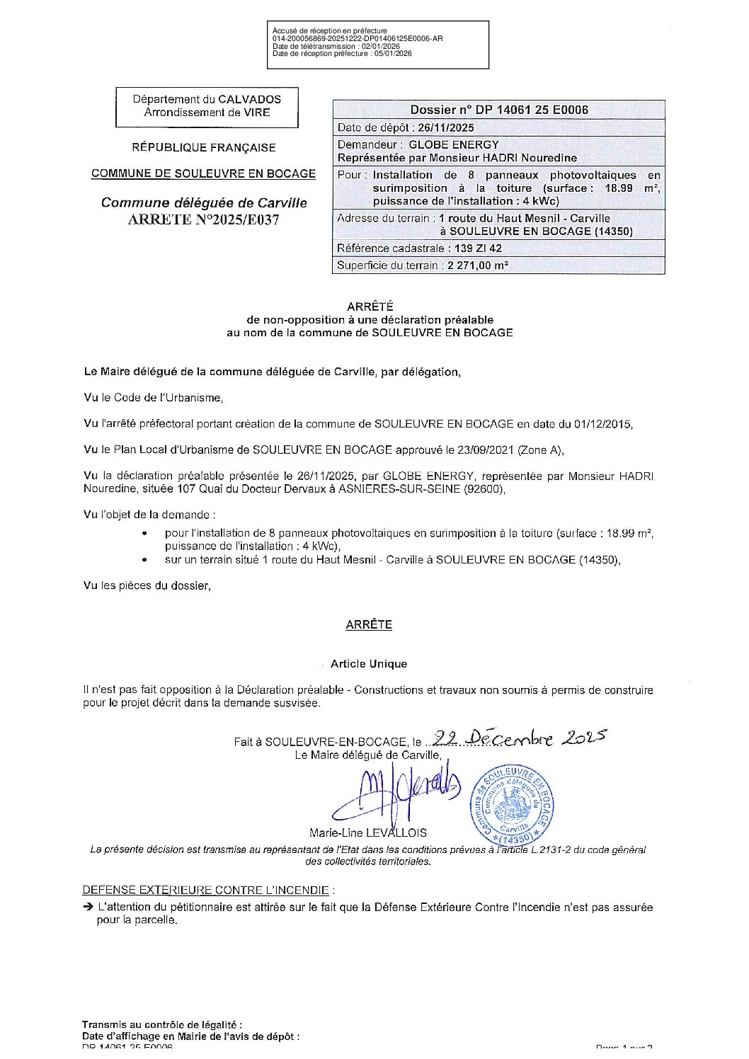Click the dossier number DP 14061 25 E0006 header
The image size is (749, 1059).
pos(499,110)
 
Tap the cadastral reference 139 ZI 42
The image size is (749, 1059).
pos(474,248)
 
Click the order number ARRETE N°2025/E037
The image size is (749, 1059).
pos(204,219)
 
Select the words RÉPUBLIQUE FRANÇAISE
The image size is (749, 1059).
pos(204,148)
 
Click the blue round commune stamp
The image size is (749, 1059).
pos(512,805)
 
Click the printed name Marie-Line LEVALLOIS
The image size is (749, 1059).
pos(368,833)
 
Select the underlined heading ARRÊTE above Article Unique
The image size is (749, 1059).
pos(369,625)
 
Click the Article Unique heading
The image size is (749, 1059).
pos(369,664)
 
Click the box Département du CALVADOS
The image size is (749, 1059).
pos(207,107)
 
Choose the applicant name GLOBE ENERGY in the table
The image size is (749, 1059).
pos(454,145)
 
